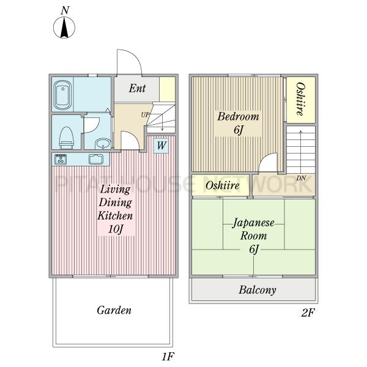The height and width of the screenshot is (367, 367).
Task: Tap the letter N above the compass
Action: (x=65, y=10)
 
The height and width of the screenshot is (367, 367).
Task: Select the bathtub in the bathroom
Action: (x=63, y=95)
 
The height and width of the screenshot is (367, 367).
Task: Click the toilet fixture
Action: (x=67, y=138)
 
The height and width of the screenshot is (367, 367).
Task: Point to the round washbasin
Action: (x=103, y=144)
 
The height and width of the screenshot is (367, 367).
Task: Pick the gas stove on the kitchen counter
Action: (x=61, y=159)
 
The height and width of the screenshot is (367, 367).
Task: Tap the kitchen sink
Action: (x=96, y=159)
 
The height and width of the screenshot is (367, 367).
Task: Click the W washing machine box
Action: (x=161, y=146)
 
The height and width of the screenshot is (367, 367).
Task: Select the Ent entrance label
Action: (x=137, y=88)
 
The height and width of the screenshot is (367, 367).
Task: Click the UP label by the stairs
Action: (x=145, y=115)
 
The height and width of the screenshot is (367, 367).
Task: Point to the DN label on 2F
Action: (x=301, y=179)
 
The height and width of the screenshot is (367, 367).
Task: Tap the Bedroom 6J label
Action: (x=238, y=123)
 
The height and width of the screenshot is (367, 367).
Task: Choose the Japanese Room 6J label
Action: (x=253, y=235)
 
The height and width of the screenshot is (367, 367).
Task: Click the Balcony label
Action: (x=258, y=290)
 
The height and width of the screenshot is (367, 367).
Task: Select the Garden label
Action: (x=114, y=310)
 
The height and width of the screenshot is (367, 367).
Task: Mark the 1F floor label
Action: (x=168, y=357)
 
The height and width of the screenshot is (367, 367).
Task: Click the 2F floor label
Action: (x=308, y=313)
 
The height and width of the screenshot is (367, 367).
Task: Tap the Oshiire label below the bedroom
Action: (x=223, y=185)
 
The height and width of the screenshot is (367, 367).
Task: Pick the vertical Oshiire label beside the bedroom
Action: (x=301, y=99)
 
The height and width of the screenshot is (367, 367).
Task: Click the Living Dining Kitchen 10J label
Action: (x=115, y=209)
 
